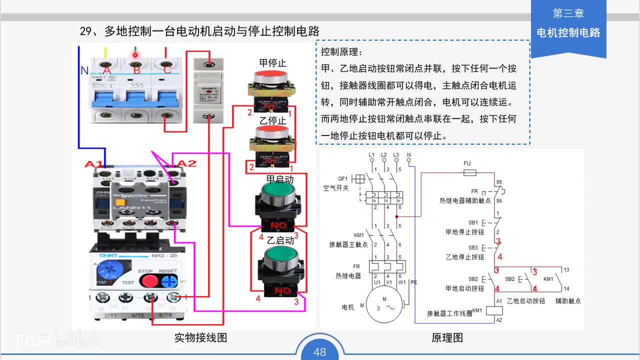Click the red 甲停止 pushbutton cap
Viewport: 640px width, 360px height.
(272, 77)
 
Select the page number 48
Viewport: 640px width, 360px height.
(320, 352)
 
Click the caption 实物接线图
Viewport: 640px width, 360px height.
(200, 337)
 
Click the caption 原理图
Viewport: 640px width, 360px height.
(447, 337)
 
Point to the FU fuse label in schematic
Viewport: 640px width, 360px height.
(467, 163)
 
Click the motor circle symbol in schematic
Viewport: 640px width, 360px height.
(384, 304)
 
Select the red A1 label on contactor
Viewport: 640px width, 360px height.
(94, 164)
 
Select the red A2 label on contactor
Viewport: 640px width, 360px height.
(187, 163)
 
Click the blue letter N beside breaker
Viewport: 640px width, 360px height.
(84, 71)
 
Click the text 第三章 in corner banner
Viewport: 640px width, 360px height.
(568, 14)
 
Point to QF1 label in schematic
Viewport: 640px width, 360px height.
(342, 178)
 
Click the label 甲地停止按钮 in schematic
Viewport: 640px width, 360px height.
(464, 232)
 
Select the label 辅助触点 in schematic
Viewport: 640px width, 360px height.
(568, 301)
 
